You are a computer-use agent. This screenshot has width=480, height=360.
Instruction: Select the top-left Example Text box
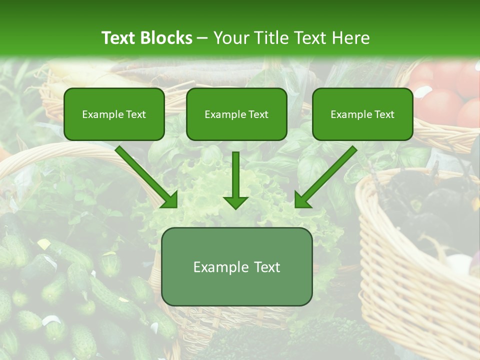point(114,114)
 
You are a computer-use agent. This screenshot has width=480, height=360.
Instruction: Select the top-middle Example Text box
point(236,114)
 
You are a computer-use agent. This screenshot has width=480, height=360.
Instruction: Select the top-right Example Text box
point(362,114)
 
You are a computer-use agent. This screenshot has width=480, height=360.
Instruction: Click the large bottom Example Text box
point(237,267)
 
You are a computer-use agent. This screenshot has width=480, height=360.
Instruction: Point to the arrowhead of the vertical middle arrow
point(235,202)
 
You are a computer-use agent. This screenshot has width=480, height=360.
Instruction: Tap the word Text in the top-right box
point(384,114)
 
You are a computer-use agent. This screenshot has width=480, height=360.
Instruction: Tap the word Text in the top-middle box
point(258,114)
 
